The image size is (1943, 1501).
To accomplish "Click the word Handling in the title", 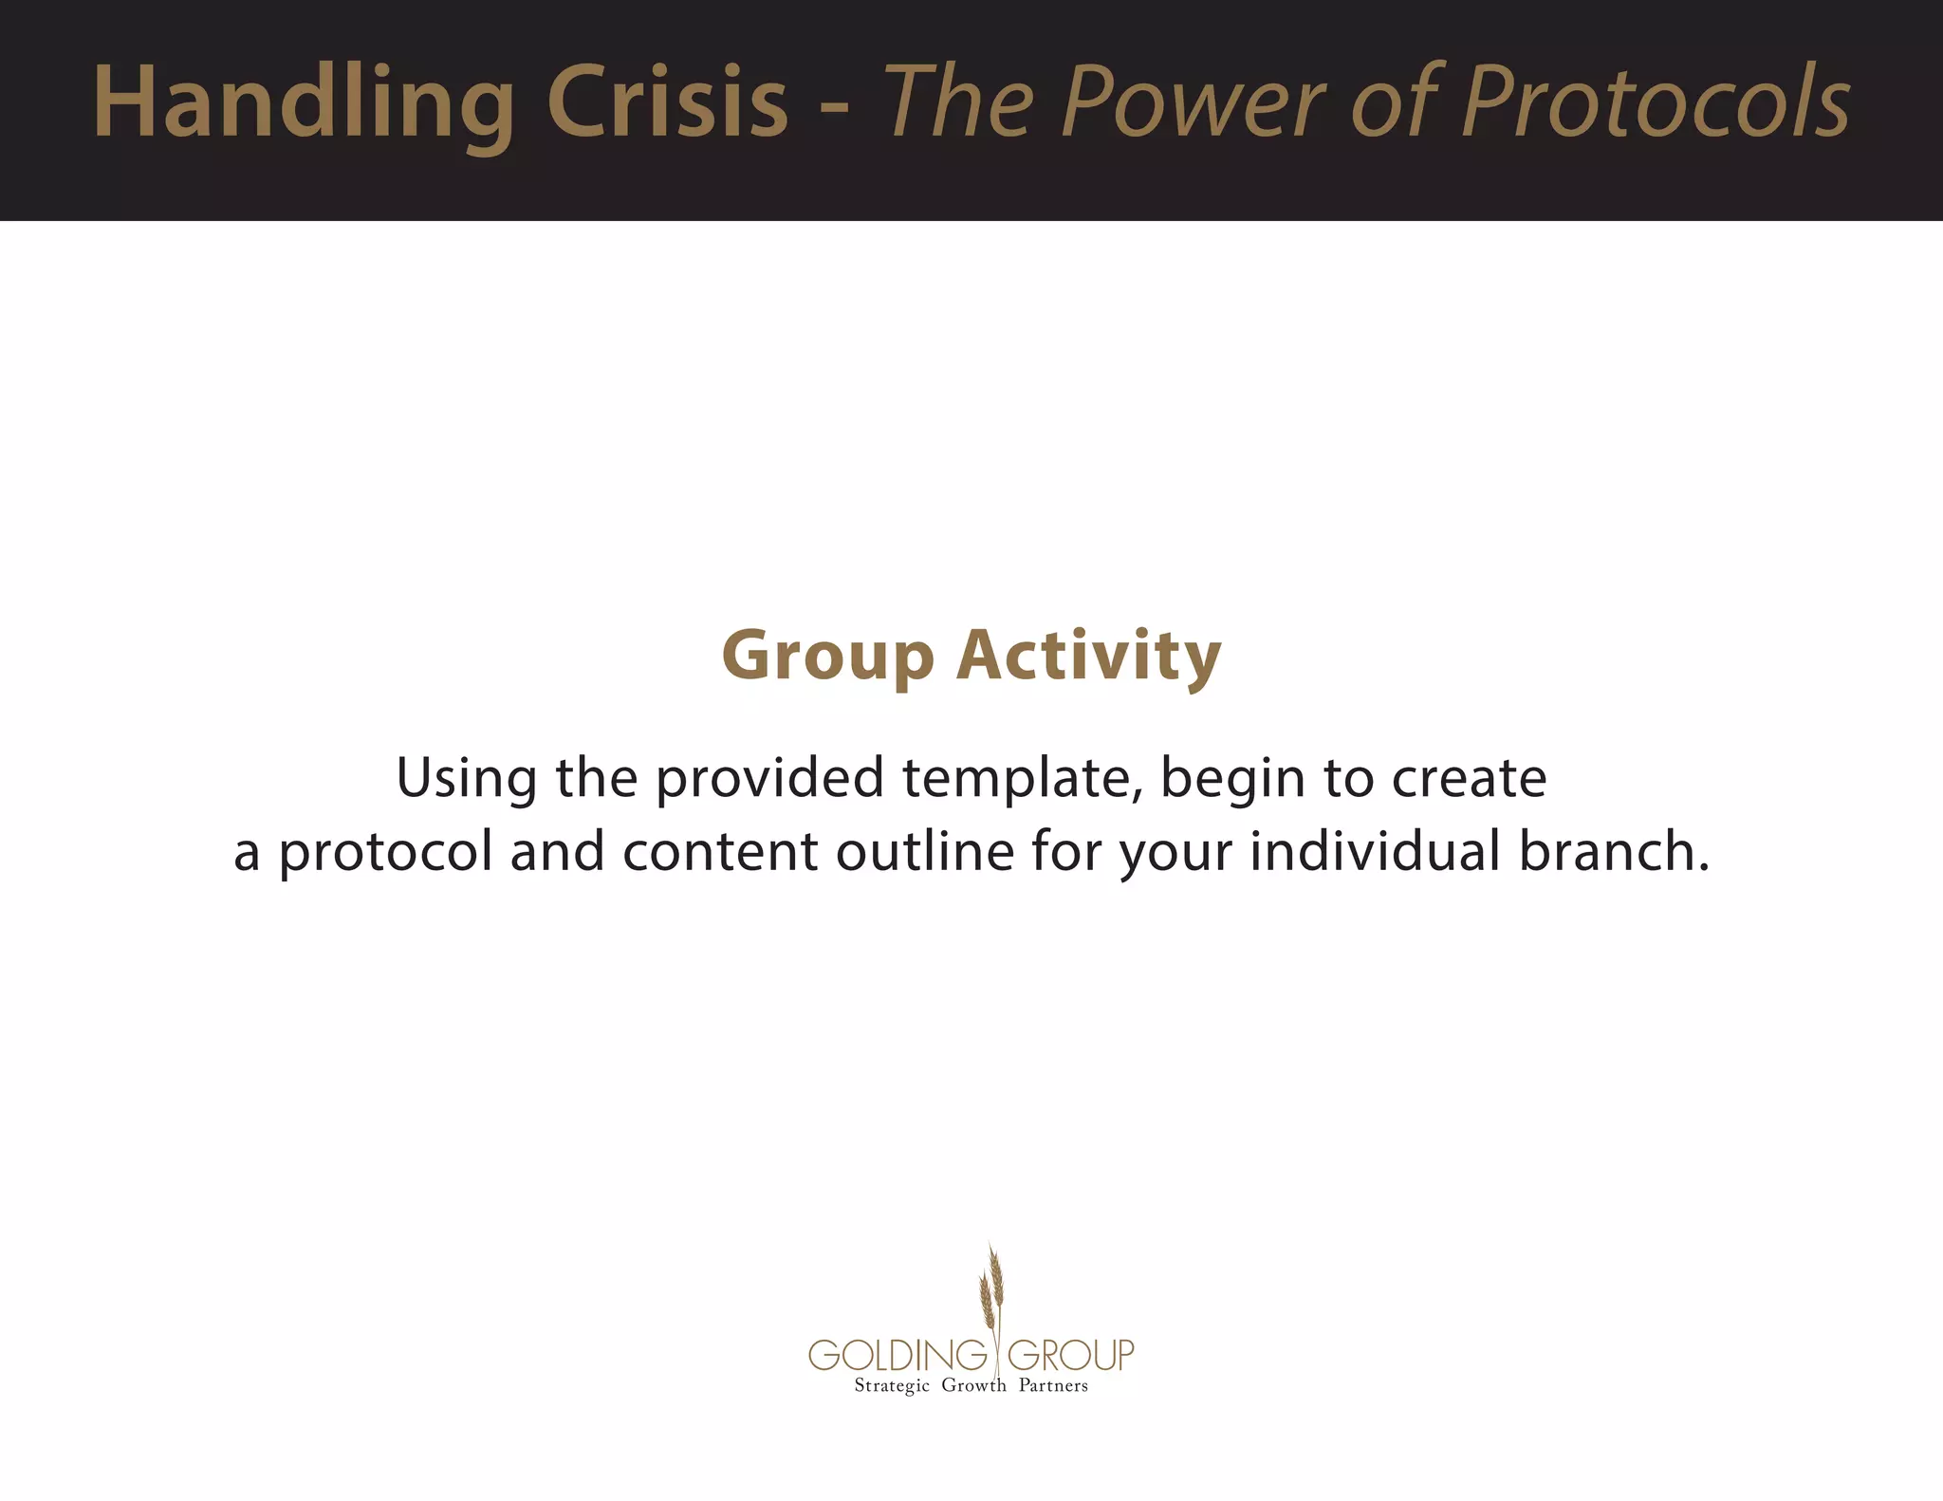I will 304,102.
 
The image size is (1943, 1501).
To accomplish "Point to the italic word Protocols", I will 1656,102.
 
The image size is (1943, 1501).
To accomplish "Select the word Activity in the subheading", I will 1088,656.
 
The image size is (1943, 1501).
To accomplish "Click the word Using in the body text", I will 466,778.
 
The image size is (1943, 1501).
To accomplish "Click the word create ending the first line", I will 1469,778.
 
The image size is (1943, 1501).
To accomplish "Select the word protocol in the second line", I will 385,852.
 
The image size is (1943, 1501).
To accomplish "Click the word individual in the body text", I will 1374,850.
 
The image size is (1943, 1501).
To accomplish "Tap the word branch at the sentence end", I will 1613,850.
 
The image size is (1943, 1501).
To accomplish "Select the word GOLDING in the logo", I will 897,1355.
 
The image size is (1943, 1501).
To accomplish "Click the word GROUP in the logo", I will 1071,1355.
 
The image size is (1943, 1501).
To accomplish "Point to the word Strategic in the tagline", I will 892,1386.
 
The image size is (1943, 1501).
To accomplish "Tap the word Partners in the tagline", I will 1053,1386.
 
